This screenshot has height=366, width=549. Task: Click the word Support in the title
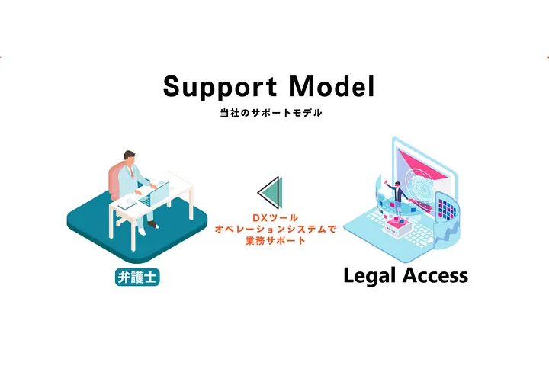point(220,87)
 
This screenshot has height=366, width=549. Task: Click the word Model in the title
point(332,86)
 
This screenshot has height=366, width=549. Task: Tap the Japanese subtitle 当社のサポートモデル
point(271,113)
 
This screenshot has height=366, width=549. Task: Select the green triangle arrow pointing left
point(270,192)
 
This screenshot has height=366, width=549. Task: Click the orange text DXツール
point(275,218)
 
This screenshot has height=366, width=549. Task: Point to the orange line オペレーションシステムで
point(275,229)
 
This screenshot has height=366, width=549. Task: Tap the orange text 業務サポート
point(275,241)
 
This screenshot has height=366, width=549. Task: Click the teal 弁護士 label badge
point(137,277)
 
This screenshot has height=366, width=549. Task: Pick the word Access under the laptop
point(435,275)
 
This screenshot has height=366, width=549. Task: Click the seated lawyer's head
point(130,158)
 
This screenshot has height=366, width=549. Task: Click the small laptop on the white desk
point(154,193)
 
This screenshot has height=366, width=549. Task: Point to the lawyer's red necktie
point(132,172)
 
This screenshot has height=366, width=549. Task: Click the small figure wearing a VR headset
point(397,198)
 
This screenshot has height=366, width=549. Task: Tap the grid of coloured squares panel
point(448,209)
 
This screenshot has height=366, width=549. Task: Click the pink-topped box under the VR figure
point(398,228)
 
